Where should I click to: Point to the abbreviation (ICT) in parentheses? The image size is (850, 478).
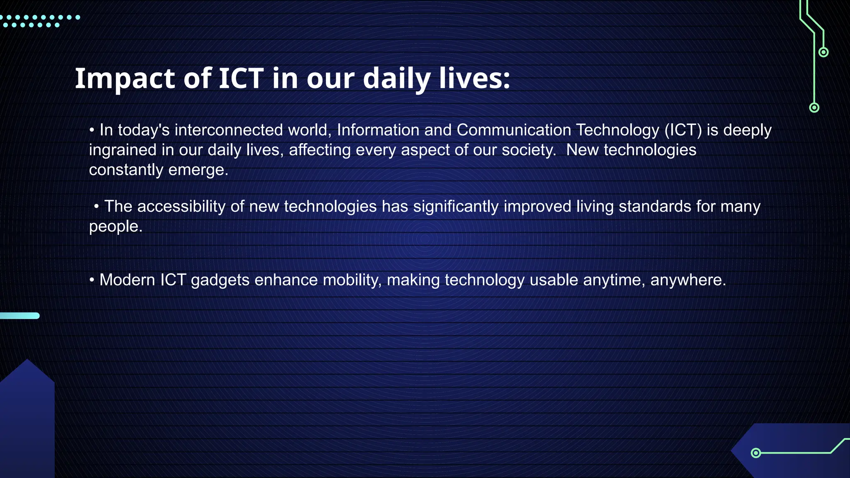pos(683,130)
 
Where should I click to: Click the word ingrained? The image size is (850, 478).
pos(123,150)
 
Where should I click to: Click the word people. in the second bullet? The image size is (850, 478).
pos(116,227)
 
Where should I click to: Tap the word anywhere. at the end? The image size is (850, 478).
pos(688,280)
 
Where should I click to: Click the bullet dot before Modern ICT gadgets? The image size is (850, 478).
pos(92,280)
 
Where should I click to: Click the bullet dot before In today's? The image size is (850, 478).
pos(92,130)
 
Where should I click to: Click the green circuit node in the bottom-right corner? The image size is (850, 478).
pos(756,453)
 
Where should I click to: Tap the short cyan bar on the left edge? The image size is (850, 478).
pos(20,316)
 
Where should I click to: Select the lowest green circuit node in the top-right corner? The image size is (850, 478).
pos(814,108)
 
